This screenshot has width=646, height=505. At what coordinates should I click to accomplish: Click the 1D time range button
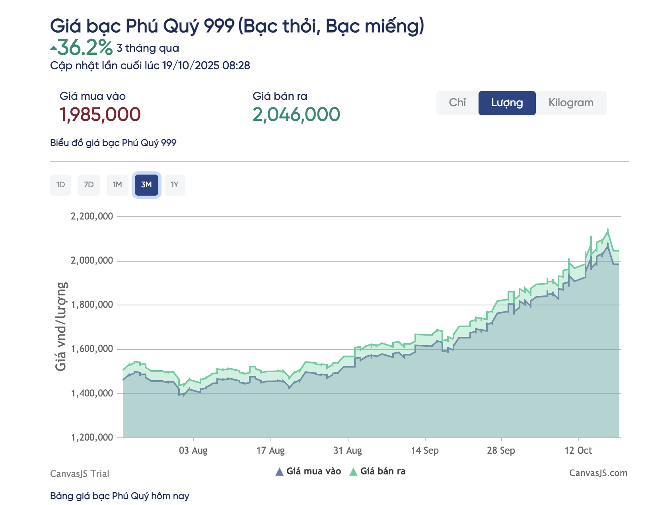(x=60, y=185)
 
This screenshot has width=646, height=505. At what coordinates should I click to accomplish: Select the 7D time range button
(x=89, y=185)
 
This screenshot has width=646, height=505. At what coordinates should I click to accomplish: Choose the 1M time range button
(x=117, y=185)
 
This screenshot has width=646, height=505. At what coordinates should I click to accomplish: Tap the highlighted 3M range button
(x=146, y=185)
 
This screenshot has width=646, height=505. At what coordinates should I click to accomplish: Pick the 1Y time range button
(x=175, y=185)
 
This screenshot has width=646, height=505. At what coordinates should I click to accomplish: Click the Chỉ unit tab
(x=457, y=103)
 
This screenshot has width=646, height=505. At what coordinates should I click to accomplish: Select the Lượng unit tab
(x=507, y=103)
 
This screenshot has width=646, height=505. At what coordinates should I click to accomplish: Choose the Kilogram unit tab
(x=571, y=103)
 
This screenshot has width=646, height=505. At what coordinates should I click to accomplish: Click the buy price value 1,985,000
(x=100, y=115)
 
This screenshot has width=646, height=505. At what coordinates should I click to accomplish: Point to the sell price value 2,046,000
(x=296, y=115)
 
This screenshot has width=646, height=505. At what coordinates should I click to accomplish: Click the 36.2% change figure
(x=85, y=48)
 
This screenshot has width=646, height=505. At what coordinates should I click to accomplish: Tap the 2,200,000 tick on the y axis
(x=92, y=217)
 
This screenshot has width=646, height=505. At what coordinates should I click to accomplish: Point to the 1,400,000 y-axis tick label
(x=92, y=394)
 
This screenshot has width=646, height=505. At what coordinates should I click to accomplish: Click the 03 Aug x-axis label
(x=193, y=451)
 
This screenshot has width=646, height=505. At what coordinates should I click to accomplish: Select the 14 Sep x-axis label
(x=425, y=451)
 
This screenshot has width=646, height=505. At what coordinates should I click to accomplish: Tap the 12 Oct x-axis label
(x=578, y=451)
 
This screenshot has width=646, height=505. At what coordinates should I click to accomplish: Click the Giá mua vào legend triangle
(x=280, y=472)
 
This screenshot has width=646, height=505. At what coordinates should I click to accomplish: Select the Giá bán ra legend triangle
(x=353, y=472)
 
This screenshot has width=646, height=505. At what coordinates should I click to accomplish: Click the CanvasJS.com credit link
(x=598, y=473)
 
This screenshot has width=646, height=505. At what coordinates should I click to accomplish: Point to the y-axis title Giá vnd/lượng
(x=61, y=326)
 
